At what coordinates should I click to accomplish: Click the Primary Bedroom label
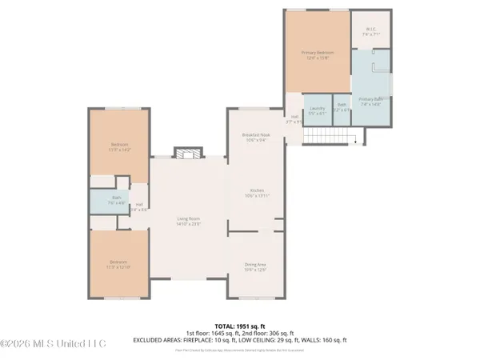(318, 55)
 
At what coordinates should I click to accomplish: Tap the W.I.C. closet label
(370, 33)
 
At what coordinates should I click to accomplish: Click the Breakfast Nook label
(256, 137)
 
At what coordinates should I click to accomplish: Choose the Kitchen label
(256, 192)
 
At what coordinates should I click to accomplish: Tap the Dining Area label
(256, 266)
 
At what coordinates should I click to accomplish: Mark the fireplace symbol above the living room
(189, 154)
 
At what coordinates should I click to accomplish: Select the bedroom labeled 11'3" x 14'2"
(118, 147)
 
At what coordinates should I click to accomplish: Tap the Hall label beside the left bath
(139, 207)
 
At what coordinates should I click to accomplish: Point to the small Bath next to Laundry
(342, 107)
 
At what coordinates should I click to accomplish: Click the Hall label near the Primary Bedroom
(294, 120)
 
